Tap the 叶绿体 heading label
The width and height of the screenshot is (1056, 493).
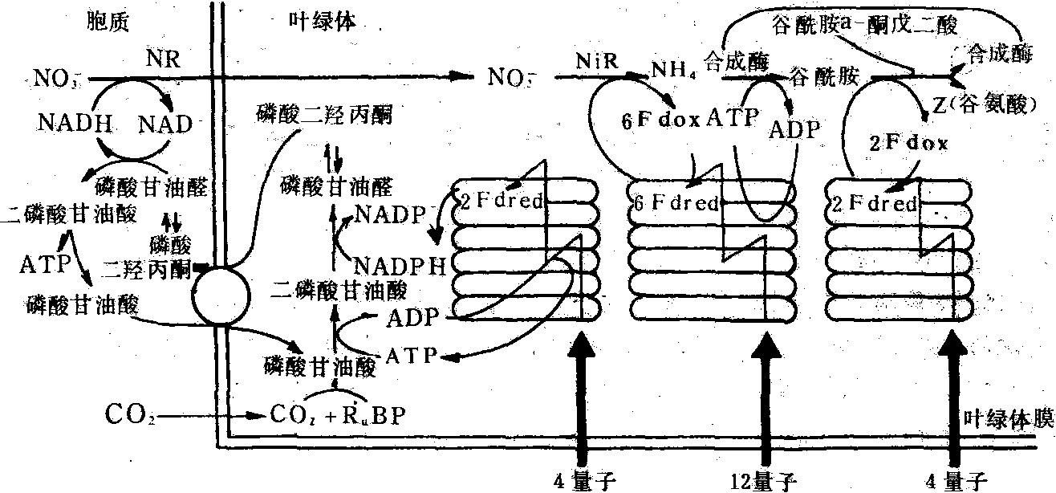tap(323, 22)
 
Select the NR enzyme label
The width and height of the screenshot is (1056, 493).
tap(164, 59)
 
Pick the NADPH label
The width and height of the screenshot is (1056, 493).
tap(401, 266)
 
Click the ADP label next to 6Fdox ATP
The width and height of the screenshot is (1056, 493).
tap(795, 130)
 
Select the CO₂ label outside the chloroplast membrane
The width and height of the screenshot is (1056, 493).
tap(128, 416)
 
